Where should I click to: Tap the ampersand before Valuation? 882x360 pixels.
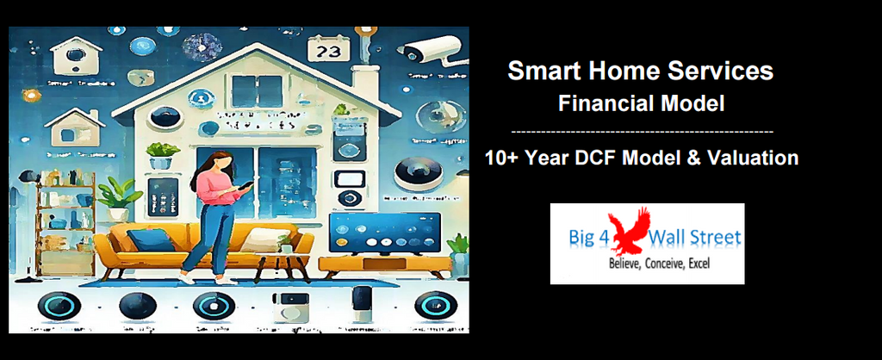click(700, 158)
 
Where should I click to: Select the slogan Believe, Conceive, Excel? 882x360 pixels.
click(659, 263)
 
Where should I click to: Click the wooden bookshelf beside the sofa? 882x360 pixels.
click(65, 220)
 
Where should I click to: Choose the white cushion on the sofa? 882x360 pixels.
click(258, 240)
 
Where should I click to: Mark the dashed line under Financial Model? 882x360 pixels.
click(642, 131)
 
